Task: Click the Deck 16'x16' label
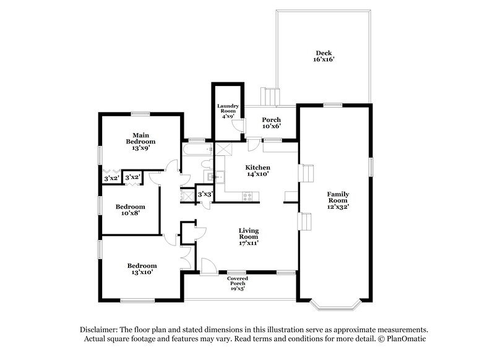click(x=324, y=56)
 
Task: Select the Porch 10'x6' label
click(x=271, y=122)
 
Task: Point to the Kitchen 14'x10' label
click(x=258, y=171)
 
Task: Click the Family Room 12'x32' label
click(x=338, y=200)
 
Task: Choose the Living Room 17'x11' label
click(x=249, y=236)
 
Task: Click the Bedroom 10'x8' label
click(x=130, y=210)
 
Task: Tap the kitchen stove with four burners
click(x=247, y=197)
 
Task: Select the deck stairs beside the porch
click(x=269, y=96)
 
